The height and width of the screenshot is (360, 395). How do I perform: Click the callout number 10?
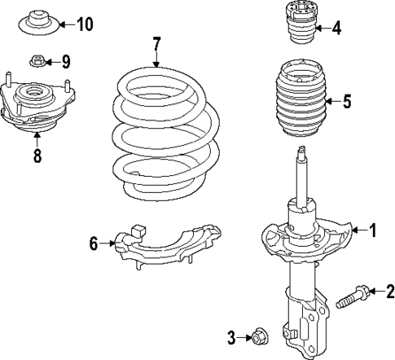pyautogui.click(x=85, y=24)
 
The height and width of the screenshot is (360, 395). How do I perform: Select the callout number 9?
pyautogui.click(x=66, y=60)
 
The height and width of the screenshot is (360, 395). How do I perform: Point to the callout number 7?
pyautogui.click(x=157, y=42)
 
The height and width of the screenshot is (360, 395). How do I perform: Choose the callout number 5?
pyautogui.click(x=346, y=102)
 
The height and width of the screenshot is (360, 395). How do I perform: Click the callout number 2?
pyautogui.click(x=389, y=292)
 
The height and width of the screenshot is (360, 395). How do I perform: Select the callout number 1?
pyautogui.click(x=374, y=231)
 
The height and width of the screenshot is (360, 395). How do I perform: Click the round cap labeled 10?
pyautogui.click(x=37, y=23)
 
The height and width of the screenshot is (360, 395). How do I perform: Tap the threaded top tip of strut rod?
pyautogui.click(x=302, y=151)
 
